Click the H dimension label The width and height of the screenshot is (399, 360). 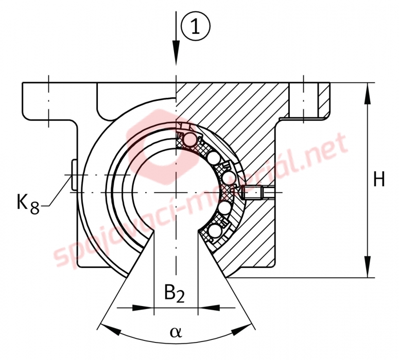pyautogui.click(x=379, y=179)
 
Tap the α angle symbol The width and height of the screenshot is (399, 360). pyautogui.click(x=176, y=332)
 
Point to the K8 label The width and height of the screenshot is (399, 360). pyautogui.click(x=28, y=203)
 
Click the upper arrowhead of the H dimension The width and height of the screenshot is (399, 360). pyautogui.click(x=367, y=94)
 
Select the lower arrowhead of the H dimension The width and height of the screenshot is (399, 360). pyautogui.click(x=367, y=266)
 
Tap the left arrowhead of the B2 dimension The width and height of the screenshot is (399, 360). pyautogui.click(x=143, y=308)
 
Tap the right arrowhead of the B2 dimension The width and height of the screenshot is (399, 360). pyautogui.click(x=209, y=308)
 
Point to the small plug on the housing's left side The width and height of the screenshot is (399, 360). pyautogui.click(x=74, y=175)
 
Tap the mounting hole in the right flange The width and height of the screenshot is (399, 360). pyautogui.click(x=303, y=100)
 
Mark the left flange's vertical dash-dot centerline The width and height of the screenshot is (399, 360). pyautogui.click(x=48, y=101)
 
